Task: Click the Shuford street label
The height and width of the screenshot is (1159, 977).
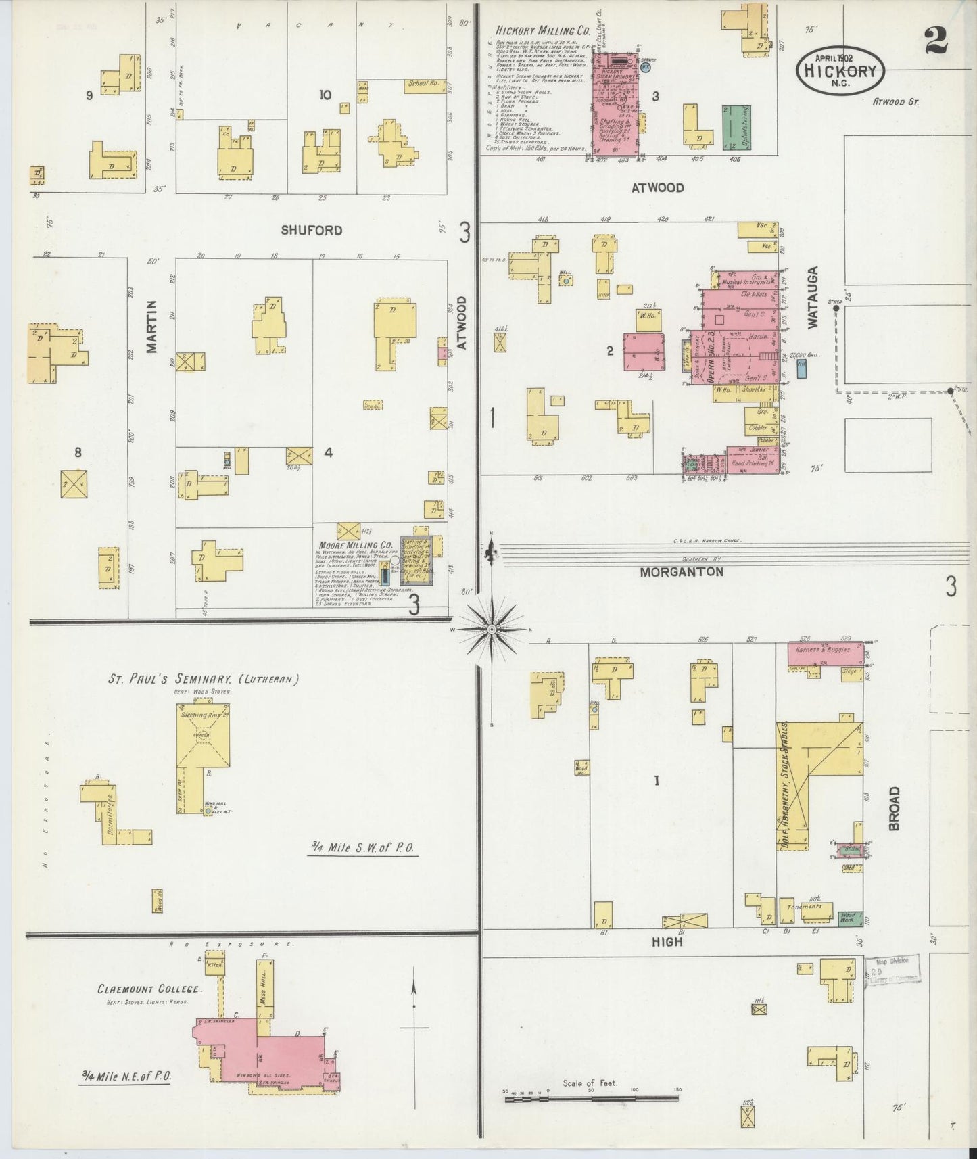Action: [312, 231]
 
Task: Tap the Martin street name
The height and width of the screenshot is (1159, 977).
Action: [152, 327]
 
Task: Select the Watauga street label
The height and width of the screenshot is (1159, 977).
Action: [813, 306]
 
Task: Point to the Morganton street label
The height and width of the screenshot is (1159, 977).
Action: [682, 572]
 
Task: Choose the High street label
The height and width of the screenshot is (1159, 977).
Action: [668, 941]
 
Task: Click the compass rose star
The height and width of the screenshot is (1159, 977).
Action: [492, 629]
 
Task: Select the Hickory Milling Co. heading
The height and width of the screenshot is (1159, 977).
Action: [543, 31]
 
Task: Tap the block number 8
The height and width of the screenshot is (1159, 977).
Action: [78, 452]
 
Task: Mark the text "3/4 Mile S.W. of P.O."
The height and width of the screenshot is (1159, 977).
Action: [363, 847]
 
